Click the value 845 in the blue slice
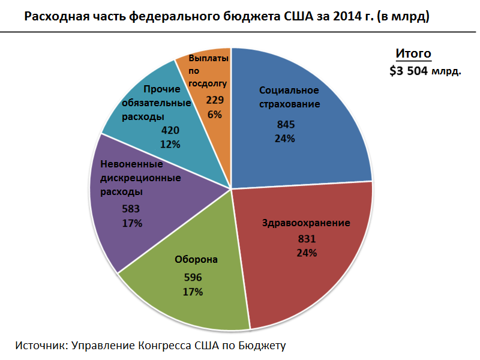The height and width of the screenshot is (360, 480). click(x=286, y=125)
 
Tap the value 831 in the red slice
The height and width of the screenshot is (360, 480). click(x=307, y=239)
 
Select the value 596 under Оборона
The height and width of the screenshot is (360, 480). click(x=193, y=278)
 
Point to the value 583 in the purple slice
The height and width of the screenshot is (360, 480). click(x=131, y=209)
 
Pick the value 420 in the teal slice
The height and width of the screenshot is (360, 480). click(x=171, y=130)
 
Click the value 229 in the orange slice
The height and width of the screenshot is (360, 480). click(x=215, y=100)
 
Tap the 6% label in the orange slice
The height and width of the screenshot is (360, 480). click(x=215, y=114)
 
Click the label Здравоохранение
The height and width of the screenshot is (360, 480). click(x=306, y=223)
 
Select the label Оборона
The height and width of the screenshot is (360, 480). click(x=196, y=260)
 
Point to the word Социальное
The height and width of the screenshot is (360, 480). click(x=289, y=91)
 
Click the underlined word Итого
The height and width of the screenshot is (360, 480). click(x=413, y=53)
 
